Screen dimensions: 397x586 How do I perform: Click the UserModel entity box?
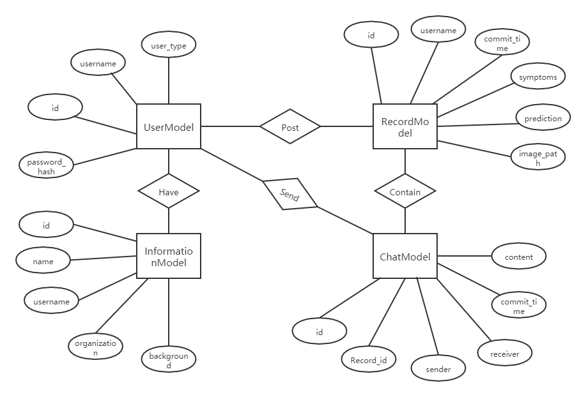pos(169,127)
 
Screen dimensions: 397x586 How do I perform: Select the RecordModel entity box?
pos(405,127)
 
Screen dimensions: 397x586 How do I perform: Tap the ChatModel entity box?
pos(405,257)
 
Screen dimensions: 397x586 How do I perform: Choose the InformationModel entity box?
pos(169,256)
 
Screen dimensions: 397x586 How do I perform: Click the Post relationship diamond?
pos(290,127)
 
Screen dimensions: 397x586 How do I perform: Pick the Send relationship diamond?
pos(289,194)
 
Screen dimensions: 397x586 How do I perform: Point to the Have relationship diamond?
pos(169,191)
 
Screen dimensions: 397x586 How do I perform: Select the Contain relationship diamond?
pos(405,191)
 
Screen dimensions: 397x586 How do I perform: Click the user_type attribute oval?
pos(169,45)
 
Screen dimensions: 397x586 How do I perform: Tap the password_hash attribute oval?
pos(47,167)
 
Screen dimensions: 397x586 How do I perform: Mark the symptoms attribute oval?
pos(538,77)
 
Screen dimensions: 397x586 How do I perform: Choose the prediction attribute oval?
pos(543,118)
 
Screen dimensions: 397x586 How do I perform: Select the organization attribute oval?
pos(95,347)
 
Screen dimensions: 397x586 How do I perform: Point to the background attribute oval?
pos(169,361)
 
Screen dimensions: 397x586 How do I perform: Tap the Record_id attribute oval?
pos(369,360)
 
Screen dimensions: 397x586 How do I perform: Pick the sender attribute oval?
pos(438,369)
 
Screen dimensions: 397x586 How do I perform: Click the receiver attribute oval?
pos(505,354)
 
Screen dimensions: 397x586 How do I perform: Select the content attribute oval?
pos(519,257)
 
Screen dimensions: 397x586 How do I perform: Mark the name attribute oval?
pos(43,261)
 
